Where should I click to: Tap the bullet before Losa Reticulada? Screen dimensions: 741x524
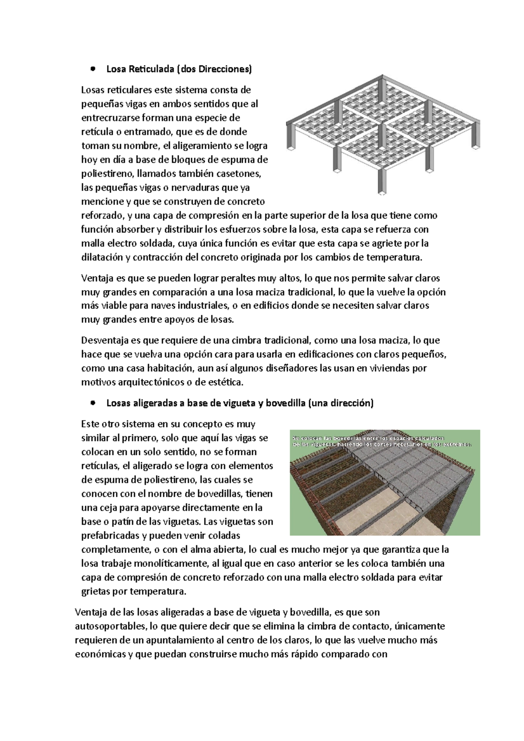pyautogui.click(x=93, y=69)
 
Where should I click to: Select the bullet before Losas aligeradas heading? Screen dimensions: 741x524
pyautogui.click(x=93, y=404)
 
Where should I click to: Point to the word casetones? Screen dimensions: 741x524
pyautogui.click(x=242, y=174)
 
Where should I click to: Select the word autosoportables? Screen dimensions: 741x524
pyautogui.click(x=110, y=627)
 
